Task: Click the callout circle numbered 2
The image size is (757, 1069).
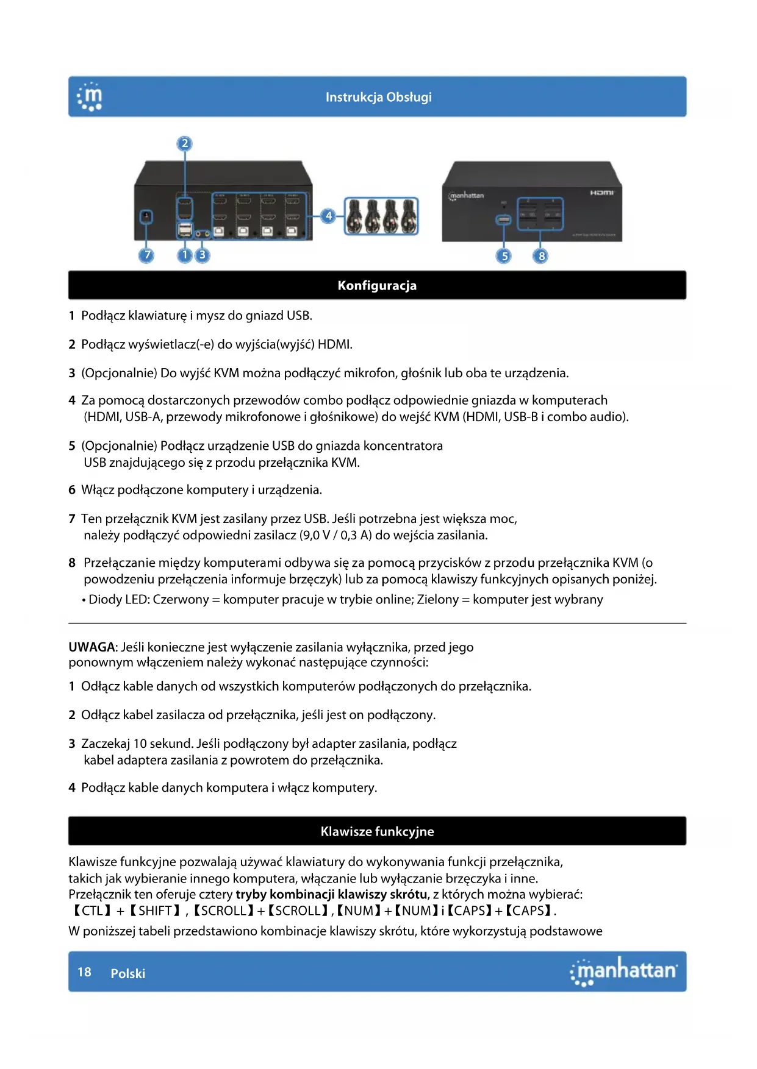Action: pyautogui.click(x=185, y=144)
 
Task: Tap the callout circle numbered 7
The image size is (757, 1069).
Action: pyautogui.click(x=146, y=255)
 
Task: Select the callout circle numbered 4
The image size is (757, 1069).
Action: pyautogui.click(x=329, y=215)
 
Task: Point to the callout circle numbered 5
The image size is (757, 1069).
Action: pyautogui.click(x=504, y=256)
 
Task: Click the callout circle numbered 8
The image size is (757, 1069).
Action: pyautogui.click(x=541, y=256)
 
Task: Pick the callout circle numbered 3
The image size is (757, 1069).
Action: pyautogui.click(x=203, y=255)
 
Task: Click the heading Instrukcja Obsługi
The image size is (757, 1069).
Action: pyautogui.click(x=378, y=97)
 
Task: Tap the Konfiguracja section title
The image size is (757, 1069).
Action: pyautogui.click(x=377, y=285)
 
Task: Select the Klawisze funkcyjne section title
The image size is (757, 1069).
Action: pyautogui.click(x=377, y=831)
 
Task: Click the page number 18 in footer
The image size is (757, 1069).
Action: pyautogui.click(x=84, y=972)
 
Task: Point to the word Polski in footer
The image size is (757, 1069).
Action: pyautogui.click(x=127, y=973)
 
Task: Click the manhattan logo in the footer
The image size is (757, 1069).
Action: pyautogui.click(x=623, y=971)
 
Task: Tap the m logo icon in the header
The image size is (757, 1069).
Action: pyautogui.click(x=90, y=98)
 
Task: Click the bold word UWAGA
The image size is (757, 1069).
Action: pyautogui.click(x=91, y=647)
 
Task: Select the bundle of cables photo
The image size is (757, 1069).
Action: pyautogui.click(x=381, y=216)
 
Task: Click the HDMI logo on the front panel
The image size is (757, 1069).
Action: pyautogui.click(x=601, y=193)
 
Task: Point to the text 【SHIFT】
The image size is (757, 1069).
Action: pyautogui.click(x=156, y=911)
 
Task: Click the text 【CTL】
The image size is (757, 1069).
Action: pyautogui.click(x=92, y=911)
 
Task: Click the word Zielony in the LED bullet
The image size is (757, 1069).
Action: pyautogui.click(x=437, y=600)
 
